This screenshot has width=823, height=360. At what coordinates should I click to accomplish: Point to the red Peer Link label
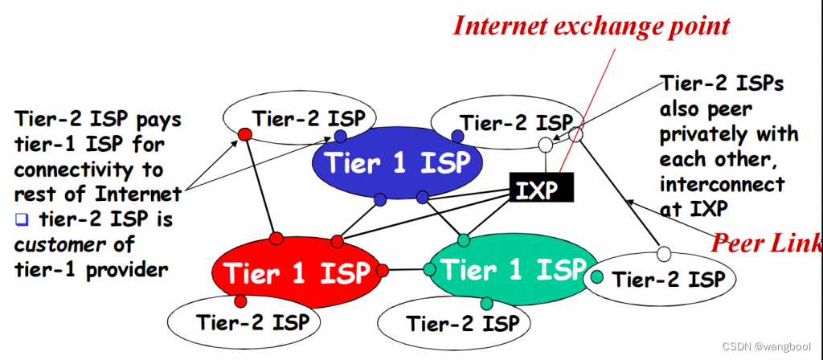click(767, 241)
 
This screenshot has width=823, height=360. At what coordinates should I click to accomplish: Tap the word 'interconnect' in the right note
click(721, 184)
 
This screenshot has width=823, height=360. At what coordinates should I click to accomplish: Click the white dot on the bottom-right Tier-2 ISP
click(664, 254)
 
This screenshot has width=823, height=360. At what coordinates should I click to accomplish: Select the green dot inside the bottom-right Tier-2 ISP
click(597, 278)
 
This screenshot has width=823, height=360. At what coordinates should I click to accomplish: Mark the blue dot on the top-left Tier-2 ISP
click(341, 137)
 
